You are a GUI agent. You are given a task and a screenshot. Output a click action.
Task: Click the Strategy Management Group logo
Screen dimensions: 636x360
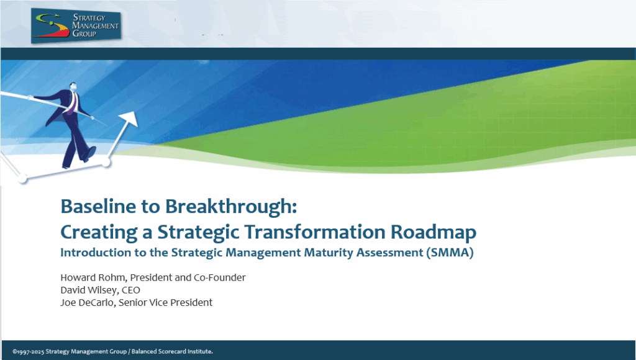pyautogui.click(x=76, y=25)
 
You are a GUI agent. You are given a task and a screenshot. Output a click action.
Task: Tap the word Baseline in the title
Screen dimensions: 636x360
pyautogui.click(x=98, y=206)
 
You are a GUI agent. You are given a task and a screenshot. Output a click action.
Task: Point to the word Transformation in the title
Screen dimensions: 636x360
pyautogui.click(x=315, y=232)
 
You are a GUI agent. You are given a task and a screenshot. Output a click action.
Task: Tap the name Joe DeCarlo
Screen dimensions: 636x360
pyautogui.click(x=87, y=302)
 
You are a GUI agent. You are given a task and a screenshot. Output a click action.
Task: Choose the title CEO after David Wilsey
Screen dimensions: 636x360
pyautogui.click(x=131, y=290)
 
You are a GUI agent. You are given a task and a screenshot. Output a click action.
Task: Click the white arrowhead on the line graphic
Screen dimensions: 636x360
pyautogui.click(x=129, y=120)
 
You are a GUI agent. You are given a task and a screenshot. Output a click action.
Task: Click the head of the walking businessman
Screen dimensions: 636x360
pyautogui.click(x=73, y=87)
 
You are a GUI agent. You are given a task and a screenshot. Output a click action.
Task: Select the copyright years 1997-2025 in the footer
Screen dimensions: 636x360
pyautogui.click(x=29, y=351)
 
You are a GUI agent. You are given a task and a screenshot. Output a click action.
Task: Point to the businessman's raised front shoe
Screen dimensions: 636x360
pyautogui.click(x=90, y=153)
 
